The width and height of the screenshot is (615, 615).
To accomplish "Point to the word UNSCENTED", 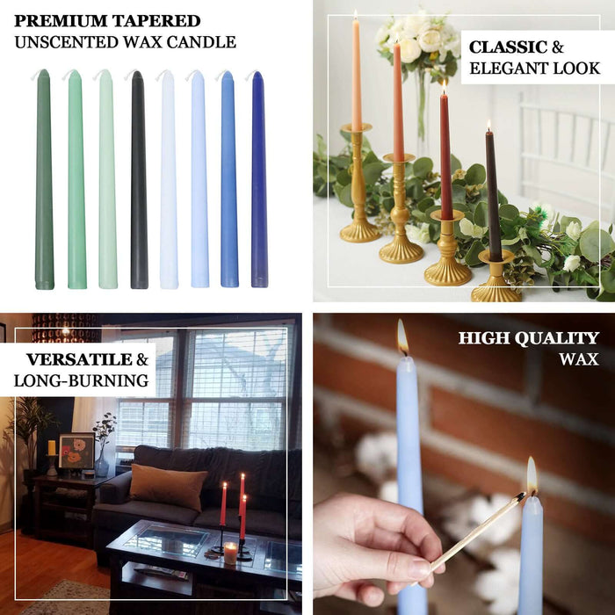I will [x=65, y=42].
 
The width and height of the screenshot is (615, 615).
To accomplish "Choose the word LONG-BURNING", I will [x=82, y=380].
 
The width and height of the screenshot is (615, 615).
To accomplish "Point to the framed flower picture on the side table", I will [x=76, y=452].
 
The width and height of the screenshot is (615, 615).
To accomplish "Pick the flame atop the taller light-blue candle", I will [x=402, y=337].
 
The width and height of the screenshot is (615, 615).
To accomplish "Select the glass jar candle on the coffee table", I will [x=230, y=553].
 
